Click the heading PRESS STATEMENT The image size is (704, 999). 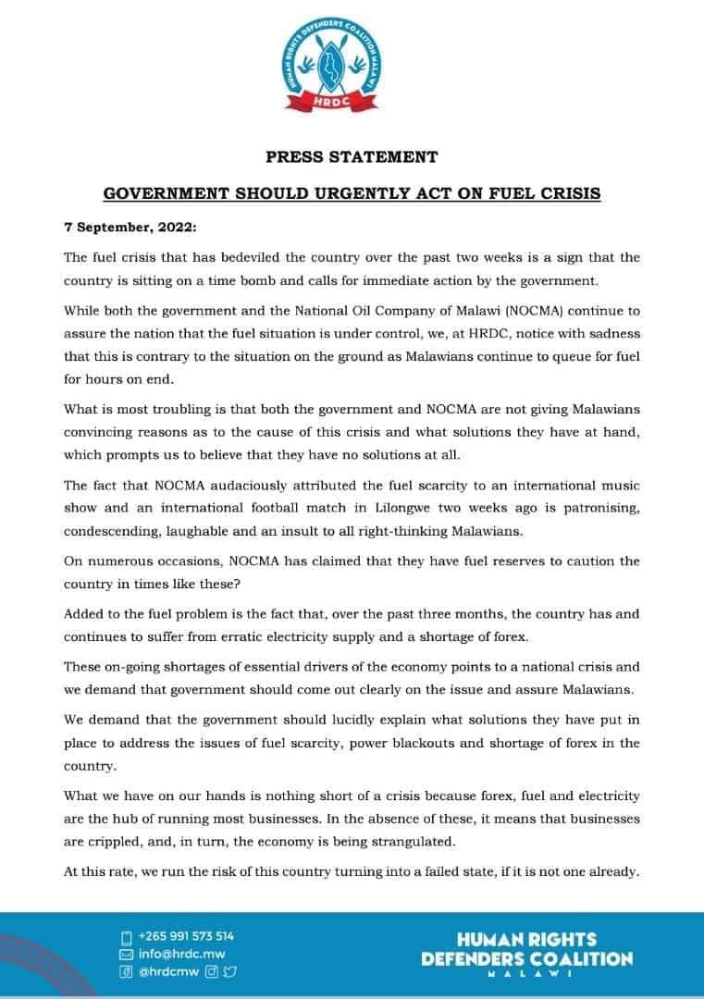352,156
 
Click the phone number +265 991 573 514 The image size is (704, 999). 185,935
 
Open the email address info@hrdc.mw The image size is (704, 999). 181,954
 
